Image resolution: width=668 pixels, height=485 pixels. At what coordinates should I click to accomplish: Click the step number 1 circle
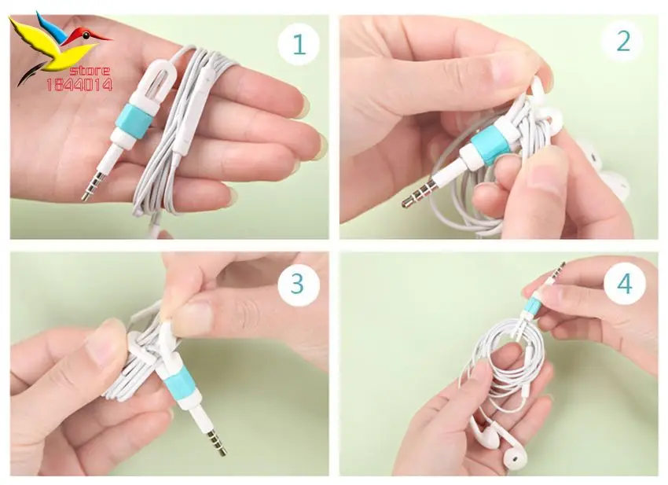coord(299,43)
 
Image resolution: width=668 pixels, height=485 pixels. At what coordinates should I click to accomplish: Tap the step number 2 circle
coord(623,42)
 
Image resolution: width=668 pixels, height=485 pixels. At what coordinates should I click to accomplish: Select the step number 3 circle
coord(299,284)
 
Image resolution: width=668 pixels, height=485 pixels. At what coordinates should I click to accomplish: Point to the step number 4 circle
coord(625,283)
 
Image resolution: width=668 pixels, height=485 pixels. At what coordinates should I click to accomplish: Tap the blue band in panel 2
coord(489,145)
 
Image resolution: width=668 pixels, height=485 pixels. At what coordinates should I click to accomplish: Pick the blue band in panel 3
coord(175,386)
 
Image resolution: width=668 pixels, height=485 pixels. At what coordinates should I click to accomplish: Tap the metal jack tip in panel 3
coord(216,443)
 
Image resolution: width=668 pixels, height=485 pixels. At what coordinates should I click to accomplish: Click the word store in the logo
coord(90,71)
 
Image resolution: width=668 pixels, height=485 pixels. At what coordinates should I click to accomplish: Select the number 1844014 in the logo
coord(79,85)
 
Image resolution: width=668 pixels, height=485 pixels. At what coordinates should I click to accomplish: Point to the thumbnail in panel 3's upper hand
coord(194,317)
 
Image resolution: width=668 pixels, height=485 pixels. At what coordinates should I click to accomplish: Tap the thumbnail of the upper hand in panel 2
coord(510,67)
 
